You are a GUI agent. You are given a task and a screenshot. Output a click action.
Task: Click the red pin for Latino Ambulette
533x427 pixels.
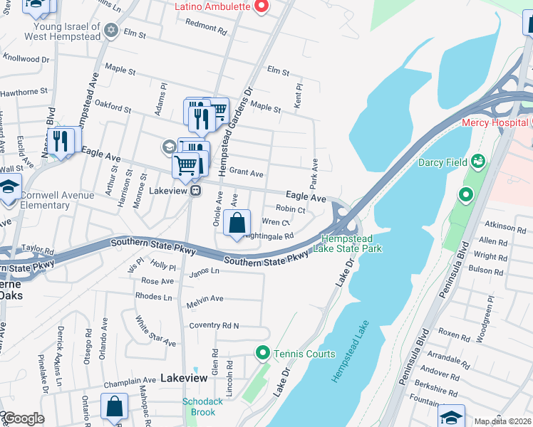[261, 7]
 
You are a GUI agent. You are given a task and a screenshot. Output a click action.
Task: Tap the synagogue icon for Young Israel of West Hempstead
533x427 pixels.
[110, 30]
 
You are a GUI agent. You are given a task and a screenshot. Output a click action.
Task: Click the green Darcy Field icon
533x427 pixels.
[477, 162]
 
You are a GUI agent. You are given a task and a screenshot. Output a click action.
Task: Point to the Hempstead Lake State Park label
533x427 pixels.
[352, 243]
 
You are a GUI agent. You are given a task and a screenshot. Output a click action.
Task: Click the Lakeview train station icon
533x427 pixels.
[195, 191]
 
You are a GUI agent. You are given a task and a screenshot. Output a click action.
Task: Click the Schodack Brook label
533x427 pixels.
[203, 406]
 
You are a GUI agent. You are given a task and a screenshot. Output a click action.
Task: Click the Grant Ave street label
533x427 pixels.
[247, 172]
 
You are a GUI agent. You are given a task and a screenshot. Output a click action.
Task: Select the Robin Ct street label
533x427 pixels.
[290, 209]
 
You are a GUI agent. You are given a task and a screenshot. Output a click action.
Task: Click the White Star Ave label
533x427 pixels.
[155, 332]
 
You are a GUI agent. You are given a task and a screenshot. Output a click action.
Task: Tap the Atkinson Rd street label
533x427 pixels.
[503, 228]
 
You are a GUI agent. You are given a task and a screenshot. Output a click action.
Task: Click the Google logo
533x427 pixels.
[23, 418]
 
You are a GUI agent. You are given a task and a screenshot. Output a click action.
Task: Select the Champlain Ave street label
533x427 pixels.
[130, 381]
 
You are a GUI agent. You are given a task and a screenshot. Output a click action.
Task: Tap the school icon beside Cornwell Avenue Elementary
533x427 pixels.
[9, 189]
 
